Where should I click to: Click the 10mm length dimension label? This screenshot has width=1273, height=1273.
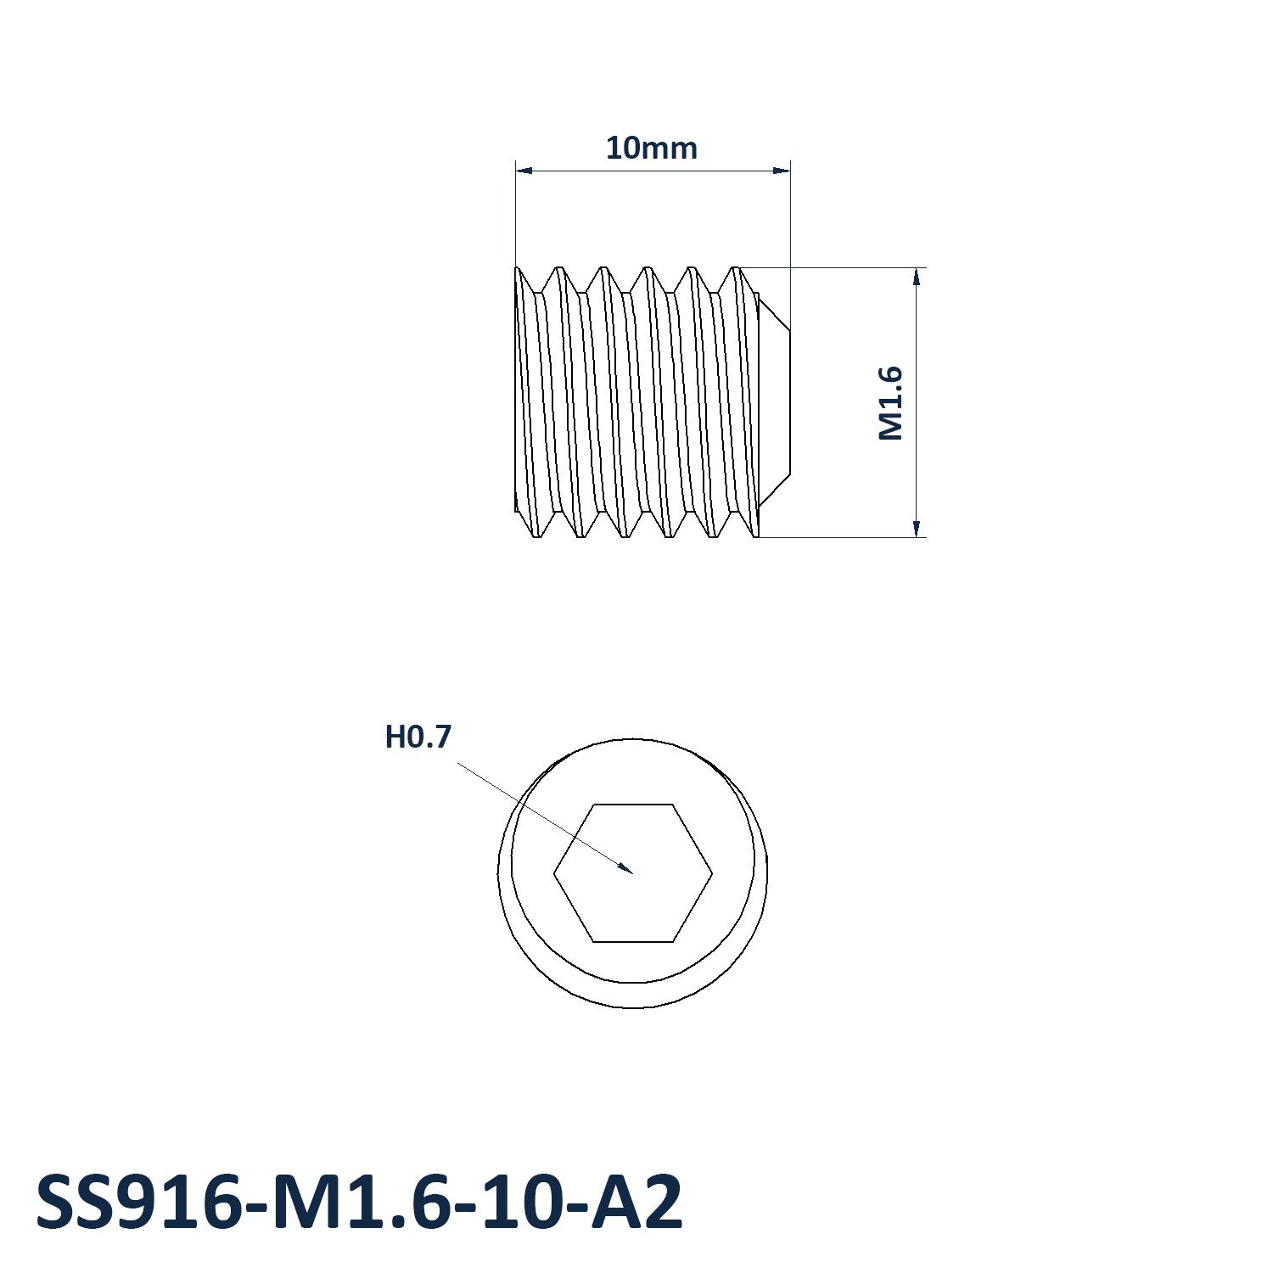651,149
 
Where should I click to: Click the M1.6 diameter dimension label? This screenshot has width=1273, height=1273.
890,403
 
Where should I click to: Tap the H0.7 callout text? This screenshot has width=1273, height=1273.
418,737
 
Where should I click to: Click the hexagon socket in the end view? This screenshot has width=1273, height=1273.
633,872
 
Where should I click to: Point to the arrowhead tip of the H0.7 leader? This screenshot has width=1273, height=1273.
633,872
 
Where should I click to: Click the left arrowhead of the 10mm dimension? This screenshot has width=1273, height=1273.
517,171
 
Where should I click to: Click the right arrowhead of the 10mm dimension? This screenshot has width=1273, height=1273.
789,171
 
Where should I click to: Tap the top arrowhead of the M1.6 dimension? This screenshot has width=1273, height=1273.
917,269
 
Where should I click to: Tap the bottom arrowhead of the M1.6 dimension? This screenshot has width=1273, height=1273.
917,536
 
